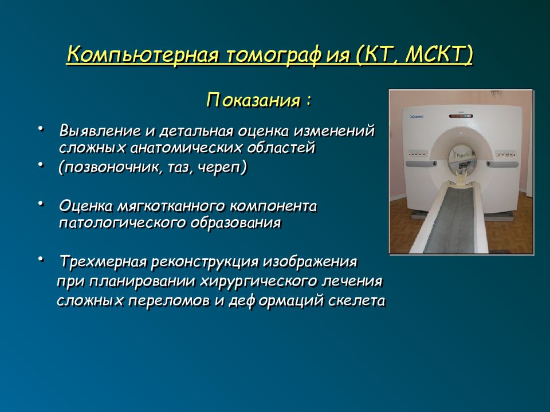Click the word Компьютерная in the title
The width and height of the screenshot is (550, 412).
tap(143, 54)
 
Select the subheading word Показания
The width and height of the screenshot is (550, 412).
tap(253, 100)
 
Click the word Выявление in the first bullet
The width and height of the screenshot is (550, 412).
tap(100, 131)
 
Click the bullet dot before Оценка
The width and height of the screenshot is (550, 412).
tap(41, 203)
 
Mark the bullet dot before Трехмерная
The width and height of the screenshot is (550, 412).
tap(41, 259)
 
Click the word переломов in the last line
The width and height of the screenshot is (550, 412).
tap(168, 301)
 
